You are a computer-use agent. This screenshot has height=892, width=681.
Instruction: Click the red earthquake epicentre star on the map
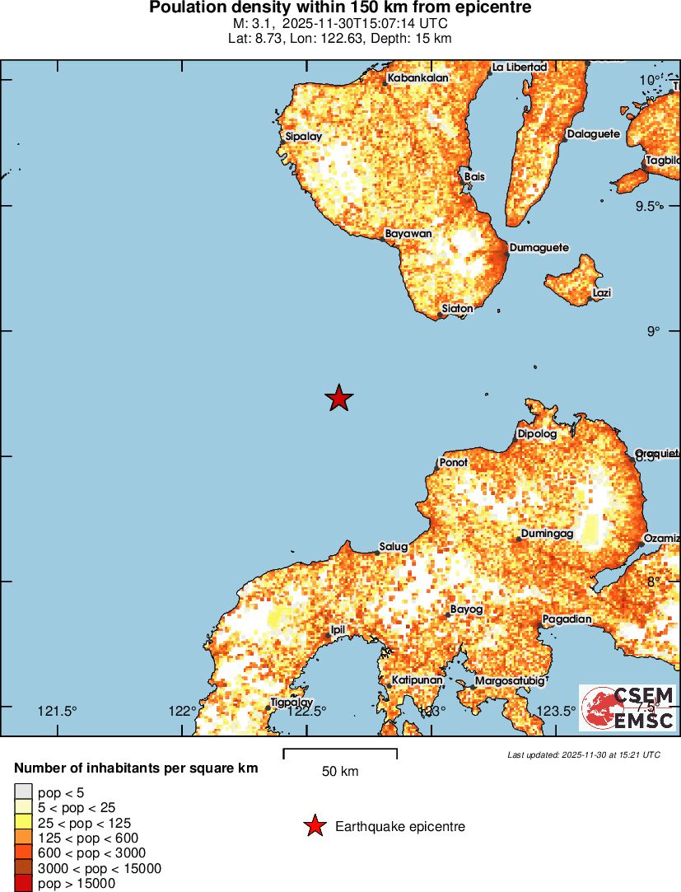click(338, 399)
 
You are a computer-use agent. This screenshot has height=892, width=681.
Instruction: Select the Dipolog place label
click(537, 433)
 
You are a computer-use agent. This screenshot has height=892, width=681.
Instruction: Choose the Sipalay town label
click(303, 137)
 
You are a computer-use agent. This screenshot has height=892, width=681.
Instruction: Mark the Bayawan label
click(408, 234)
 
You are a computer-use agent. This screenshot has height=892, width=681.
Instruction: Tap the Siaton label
click(457, 309)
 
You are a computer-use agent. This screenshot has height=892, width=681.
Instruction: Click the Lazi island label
click(602, 292)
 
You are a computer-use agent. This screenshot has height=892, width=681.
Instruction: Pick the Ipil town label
click(337, 630)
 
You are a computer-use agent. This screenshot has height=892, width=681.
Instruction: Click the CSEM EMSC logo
click(628, 708)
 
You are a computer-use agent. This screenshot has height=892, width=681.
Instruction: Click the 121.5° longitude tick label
click(58, 712)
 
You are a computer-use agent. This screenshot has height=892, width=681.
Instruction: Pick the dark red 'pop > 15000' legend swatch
click(24, 884)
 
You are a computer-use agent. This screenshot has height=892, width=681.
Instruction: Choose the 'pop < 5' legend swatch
click(24, 792)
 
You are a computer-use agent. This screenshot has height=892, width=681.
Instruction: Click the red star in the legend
click(314, 826)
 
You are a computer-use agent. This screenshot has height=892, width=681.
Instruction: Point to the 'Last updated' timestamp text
click(583, 754)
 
